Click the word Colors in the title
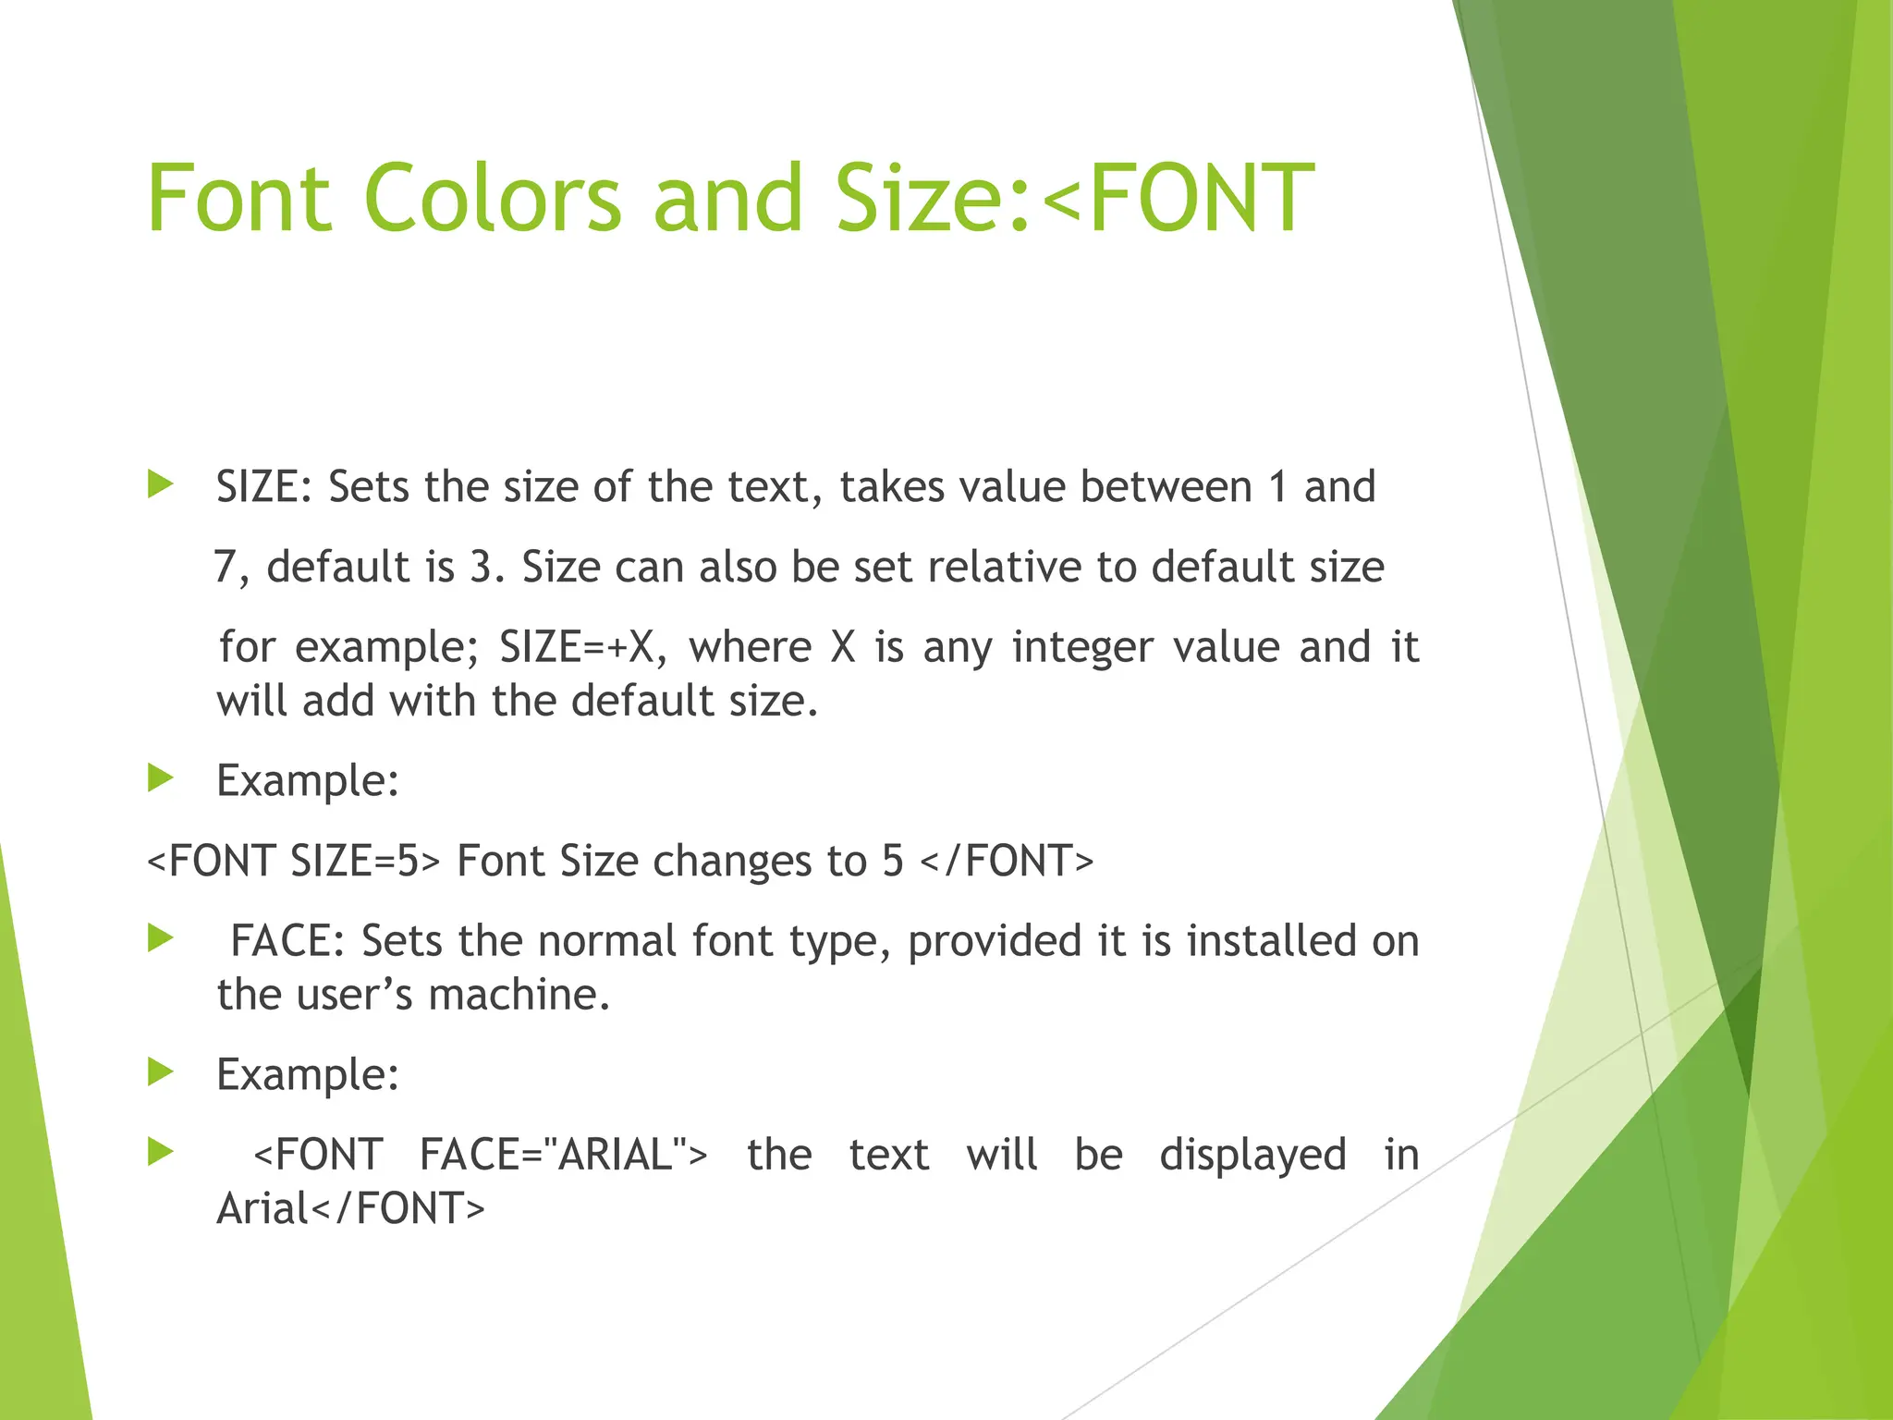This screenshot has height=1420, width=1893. pyautogui.click(x=493, y=198)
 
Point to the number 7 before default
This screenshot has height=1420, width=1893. pyautogui.click(x=226, y=567)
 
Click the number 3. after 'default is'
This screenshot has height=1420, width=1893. pyautogui.click(x=487, y=567)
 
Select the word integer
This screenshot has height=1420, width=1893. pyautogui.click(x=1082, y=647)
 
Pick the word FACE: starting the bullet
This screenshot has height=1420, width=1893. pyautogui.click(x=287, y=941)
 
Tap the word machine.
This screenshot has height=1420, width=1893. pyautogui.click(x=519, y=996)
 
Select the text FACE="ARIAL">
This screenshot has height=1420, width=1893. pyautogui.click(x=563, y=1155)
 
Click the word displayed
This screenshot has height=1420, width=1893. pyautogui.click(x=1252, y=1155)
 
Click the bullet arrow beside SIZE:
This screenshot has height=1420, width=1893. pyautogui.click(x=161, y=484)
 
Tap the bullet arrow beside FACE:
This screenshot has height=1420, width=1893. pyautogui.click(x=161, y=938)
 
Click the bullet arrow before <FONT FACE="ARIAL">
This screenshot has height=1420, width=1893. pyautogui.click(x=161, y=1152)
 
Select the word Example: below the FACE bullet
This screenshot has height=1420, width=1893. pyautogui.click(x=308, y=1075)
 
